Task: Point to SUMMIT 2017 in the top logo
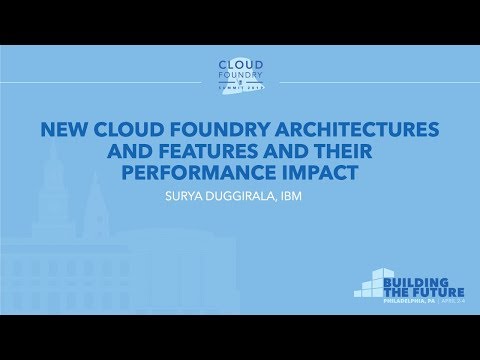click(x=240, y=90)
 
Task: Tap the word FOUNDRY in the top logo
click(x=240, y=76)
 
